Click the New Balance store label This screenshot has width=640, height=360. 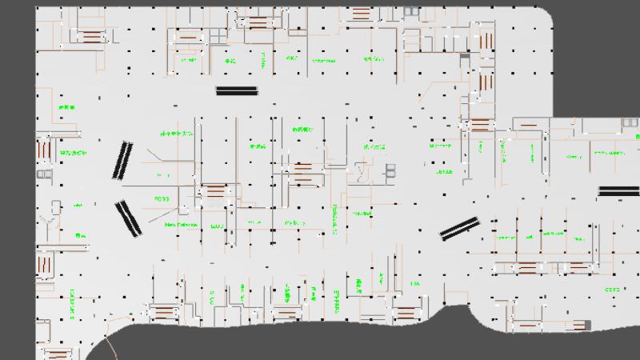[181, 225]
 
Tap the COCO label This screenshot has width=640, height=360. [612, 289]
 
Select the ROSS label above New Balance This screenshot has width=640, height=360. [162, 198]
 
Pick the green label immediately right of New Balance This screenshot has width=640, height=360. [216, 226]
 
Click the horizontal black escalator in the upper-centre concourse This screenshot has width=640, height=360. [238, 91]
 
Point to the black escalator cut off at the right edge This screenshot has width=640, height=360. [618, 190]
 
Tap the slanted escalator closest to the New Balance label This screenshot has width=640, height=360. [128, 218]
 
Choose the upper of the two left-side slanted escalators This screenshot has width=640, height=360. [122, 159]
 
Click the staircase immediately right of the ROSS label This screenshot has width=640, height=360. [214, 192]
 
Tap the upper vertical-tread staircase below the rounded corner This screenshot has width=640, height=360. [486, 78]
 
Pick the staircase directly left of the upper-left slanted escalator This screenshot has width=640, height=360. [45, 147]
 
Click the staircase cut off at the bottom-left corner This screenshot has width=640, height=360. [58, 353]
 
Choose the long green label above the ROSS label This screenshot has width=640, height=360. [177, 134]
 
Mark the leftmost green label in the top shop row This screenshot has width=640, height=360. [189, 58]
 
